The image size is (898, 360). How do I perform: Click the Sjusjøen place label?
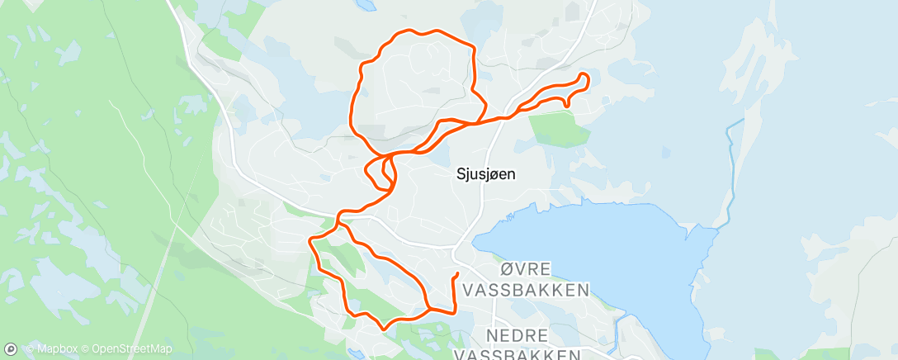click(x=486, y=174)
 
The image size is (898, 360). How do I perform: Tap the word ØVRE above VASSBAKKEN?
click(x=526, y=271)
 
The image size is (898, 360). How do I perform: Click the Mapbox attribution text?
click(x=54, y=349)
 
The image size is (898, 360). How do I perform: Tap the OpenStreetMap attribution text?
click(x=132, y=349)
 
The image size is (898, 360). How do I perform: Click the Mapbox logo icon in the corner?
click(x=12, y=349)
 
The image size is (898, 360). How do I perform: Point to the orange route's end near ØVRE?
click(x=456, y=273)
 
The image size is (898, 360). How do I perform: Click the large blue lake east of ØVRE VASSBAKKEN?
click(x=603, y=248)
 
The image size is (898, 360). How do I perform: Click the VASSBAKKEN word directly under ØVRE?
click(x=527, y=290)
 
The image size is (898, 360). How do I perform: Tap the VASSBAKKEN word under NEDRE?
click(x=517, y=355)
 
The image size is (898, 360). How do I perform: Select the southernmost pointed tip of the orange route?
click(x=383, y=328)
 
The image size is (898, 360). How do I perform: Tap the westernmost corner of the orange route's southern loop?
click(x=310, y=241)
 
